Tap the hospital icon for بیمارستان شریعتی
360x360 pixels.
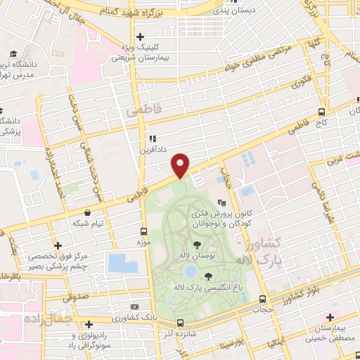pos(140,37)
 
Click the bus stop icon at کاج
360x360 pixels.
pos(321,112)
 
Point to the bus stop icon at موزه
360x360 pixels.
pos(143,231)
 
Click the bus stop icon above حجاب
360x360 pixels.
pos(262,297)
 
